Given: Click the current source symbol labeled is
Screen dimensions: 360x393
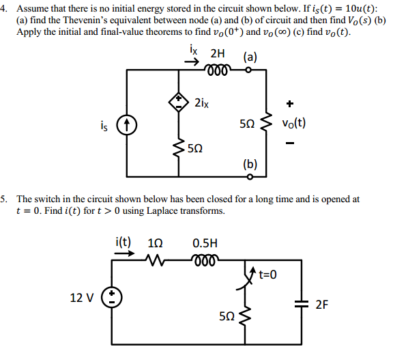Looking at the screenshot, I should pos(126,125).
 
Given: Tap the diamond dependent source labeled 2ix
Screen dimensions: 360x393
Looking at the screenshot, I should pos(179,102).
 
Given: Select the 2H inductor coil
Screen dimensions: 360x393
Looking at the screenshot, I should pos(217,68).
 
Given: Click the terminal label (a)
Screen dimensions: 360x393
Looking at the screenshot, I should pos(248,57).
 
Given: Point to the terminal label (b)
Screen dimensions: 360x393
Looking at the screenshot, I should pos(250,164).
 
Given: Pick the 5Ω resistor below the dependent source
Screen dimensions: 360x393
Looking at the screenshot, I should pos(179,146).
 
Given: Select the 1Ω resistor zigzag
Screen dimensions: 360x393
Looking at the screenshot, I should pos(156,259).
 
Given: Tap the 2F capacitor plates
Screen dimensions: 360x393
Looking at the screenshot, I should pos(300,304).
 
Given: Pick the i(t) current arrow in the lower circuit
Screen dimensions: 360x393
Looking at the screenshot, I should pos(124,251).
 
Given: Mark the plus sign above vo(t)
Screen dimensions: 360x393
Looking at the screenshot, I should pos(290,104).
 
